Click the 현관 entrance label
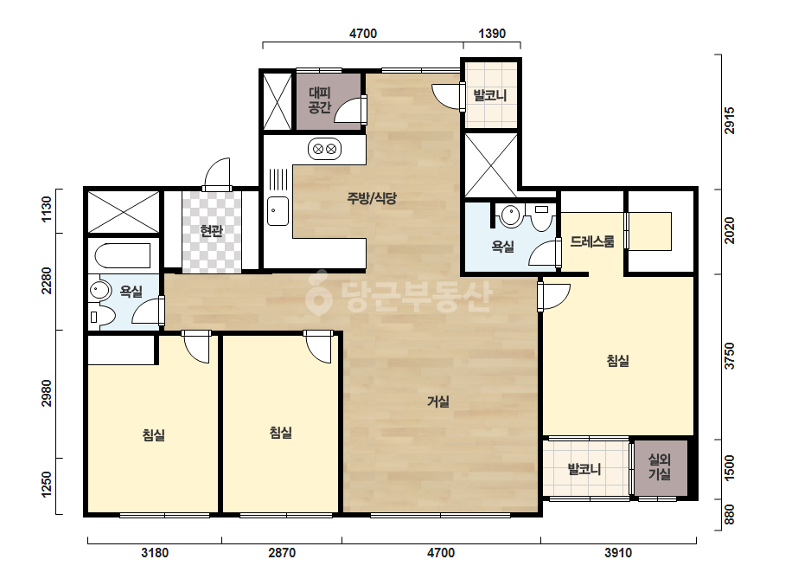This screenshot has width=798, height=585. (x=211, y=231)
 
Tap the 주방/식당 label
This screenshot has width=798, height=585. (x=372, y=198)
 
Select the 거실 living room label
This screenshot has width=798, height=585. (x=438, y=402)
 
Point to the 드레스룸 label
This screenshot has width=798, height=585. (x=592, y=241)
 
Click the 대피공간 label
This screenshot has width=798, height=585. (x=320, y=100)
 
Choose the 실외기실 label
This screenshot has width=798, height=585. (x=660, y=467)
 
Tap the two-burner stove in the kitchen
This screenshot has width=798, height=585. (x=325, y=150)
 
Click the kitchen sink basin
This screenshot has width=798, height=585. (x=278, y=211)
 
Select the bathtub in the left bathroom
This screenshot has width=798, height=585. (x=122, y=255)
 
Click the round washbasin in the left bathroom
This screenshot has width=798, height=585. (x=100, y=291)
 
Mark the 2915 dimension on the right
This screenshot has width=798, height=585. (x=730, y=120)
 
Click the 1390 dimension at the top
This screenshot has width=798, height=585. (x=492, y=34)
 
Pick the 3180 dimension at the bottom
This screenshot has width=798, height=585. (x=155, y=552)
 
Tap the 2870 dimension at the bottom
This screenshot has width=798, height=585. (x=282, y=552)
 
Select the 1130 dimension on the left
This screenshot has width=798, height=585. (x=47, y=209)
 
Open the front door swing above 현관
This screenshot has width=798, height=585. (x=217, y=173)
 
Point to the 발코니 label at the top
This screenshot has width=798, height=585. (x=490, y=95)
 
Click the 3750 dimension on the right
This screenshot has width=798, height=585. (x=730, y=356)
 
